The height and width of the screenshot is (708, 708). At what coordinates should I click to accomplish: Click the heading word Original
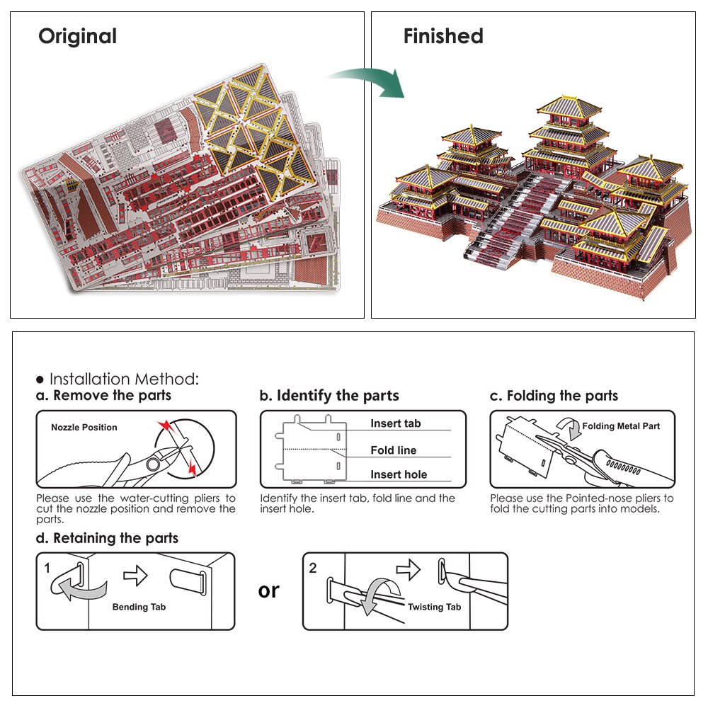77,36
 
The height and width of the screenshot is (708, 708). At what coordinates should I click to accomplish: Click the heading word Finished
443,36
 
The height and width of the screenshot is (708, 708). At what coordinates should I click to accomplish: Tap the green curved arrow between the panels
369,79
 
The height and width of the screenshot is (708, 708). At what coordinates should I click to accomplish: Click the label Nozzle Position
84,428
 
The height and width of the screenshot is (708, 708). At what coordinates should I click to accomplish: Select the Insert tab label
396,423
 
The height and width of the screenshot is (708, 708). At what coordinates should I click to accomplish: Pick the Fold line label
394,450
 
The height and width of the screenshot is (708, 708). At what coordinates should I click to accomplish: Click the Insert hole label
399,474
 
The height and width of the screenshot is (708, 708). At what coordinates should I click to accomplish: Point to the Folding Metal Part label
621,426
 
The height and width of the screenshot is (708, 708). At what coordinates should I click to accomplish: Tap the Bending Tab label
139,607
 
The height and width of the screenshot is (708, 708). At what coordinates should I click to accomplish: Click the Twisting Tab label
434,607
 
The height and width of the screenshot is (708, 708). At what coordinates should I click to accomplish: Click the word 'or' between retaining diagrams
269,590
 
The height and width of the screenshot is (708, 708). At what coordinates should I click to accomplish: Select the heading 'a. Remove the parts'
103,396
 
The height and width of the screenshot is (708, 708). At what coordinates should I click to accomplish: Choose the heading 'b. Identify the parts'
329,396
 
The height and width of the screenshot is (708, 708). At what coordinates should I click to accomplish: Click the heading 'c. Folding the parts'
554,396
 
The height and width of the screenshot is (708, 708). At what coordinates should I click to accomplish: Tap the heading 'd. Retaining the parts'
107,538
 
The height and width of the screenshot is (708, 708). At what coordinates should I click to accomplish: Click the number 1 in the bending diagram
47,568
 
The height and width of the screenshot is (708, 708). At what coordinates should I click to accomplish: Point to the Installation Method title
123,379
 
